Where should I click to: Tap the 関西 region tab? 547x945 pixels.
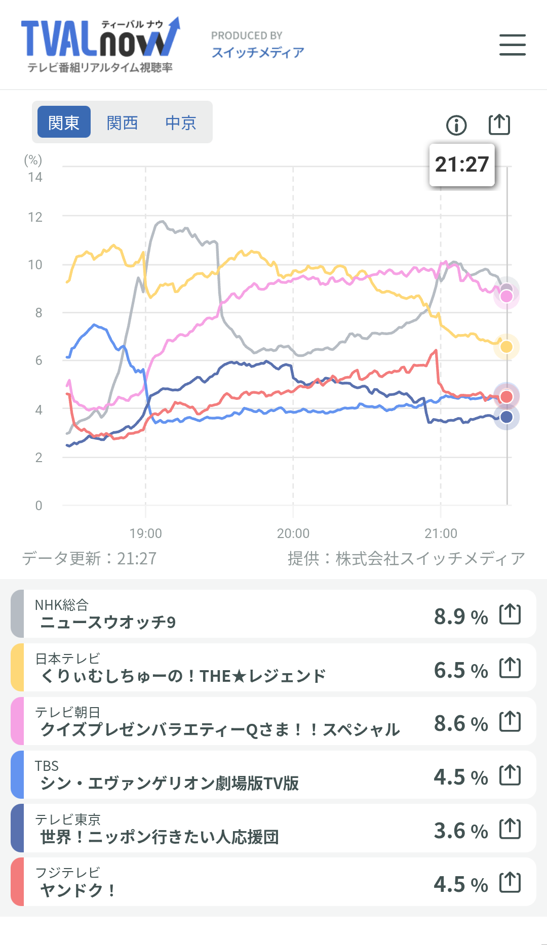tap(122, 122)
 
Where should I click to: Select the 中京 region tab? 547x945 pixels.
tap(181, 122)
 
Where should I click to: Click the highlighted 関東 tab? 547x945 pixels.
tap(64, 122)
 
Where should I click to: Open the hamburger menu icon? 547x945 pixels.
tap(512, 45)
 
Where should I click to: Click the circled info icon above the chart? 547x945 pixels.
tap(456, 125)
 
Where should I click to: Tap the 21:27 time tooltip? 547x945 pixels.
tap(461, 165)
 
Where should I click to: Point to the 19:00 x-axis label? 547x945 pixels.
tap(146, 533)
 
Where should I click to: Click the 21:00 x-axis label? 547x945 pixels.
tap(441, 533)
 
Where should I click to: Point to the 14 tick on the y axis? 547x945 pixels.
tap(35, 177)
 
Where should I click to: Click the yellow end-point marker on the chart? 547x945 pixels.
tap(506, 347)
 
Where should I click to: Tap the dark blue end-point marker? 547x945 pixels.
tap(506, 417)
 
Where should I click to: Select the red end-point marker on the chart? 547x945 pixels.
tap(506, 396)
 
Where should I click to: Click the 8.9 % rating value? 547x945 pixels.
tap(460, 617)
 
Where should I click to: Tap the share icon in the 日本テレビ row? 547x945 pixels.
tap(510, 668)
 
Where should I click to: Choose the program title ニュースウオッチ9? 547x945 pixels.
tap(108, 622)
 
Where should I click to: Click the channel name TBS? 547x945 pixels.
tap(47, 766)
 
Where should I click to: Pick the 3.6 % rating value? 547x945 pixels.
tap(460, 831)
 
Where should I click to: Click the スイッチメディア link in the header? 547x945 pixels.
tap(258, 53)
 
